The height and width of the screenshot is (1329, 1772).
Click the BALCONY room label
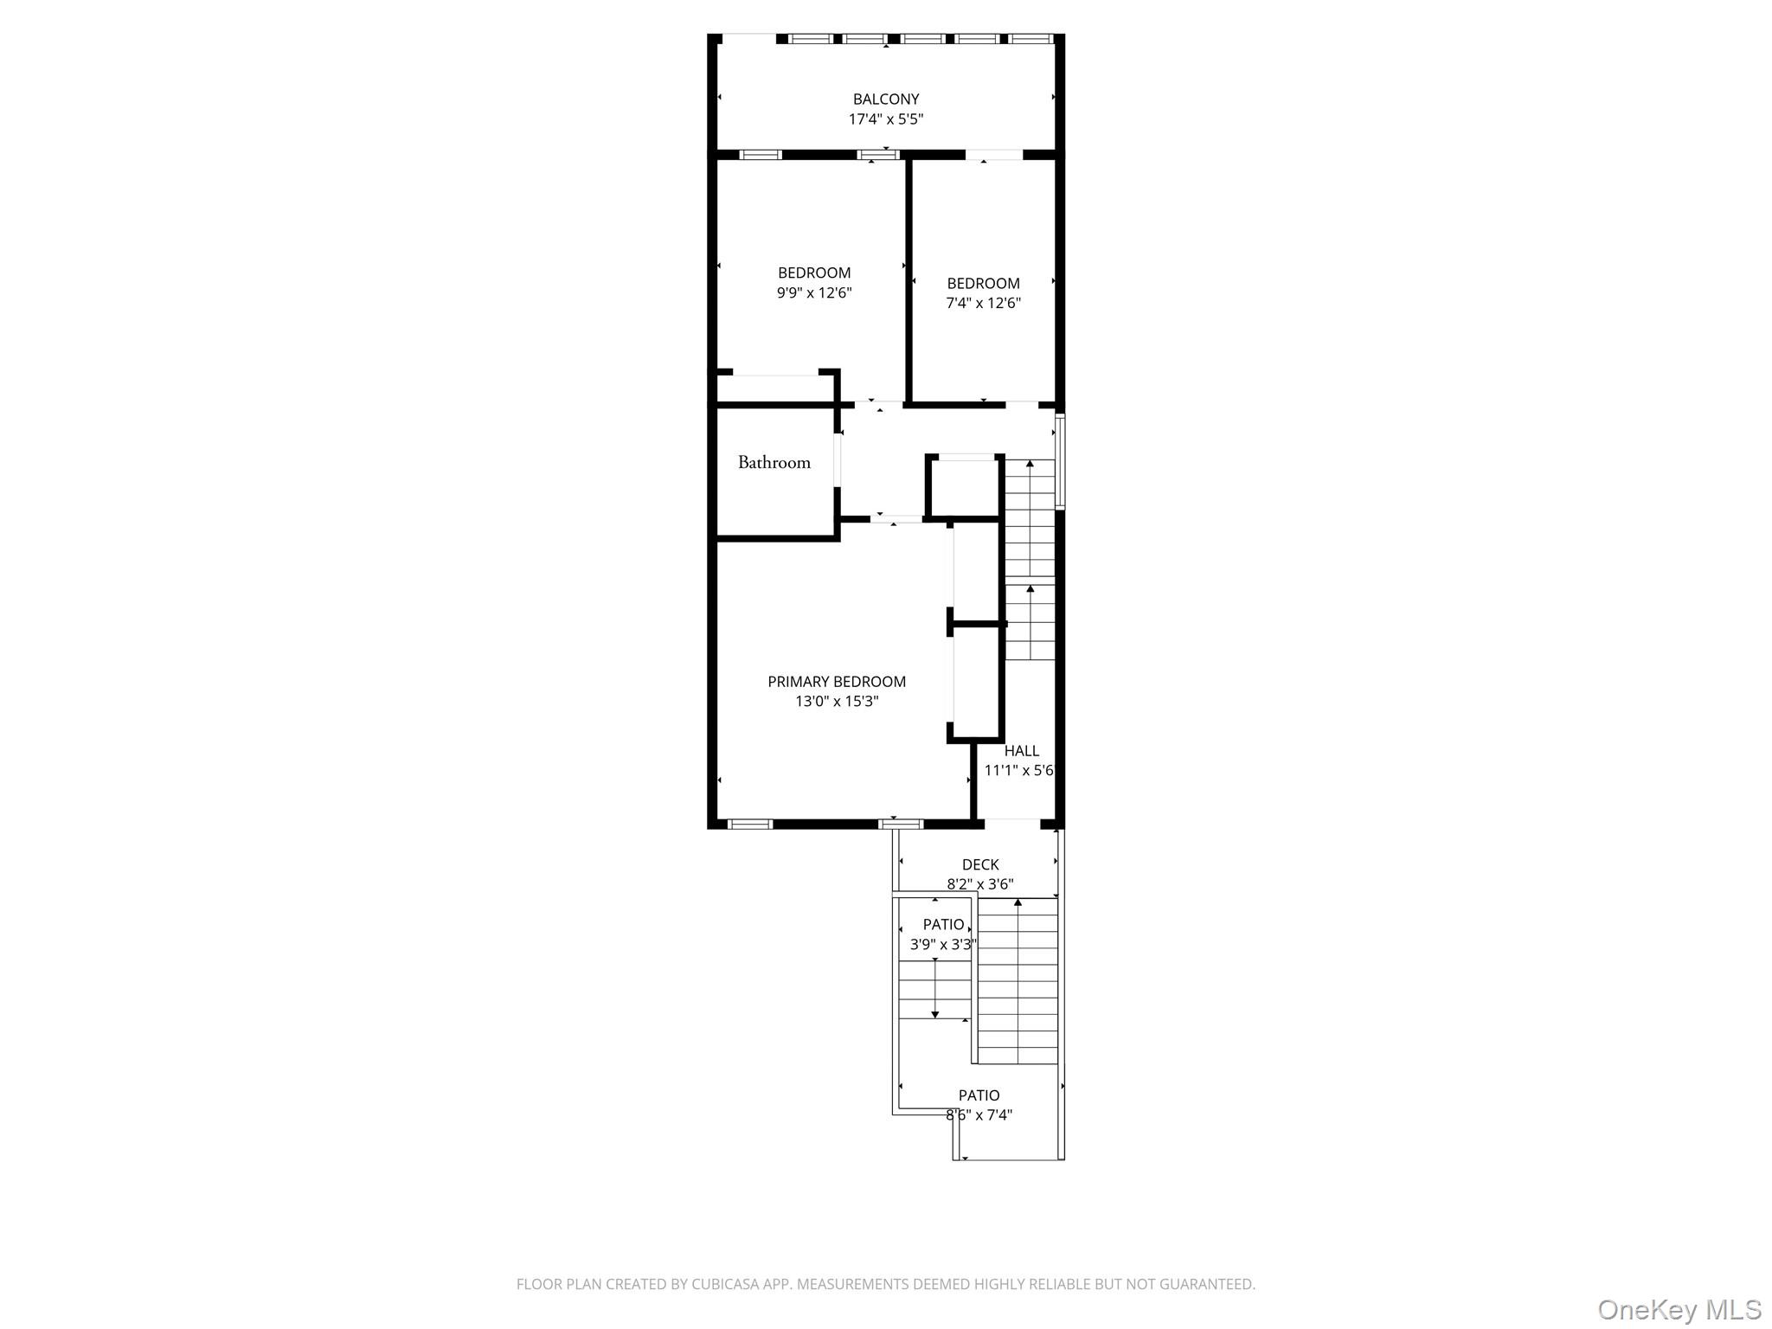[x=885, y=100]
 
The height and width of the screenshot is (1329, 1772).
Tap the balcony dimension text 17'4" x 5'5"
[x=885, y=119]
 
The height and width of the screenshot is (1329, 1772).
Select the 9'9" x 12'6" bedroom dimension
[x=813, y=292]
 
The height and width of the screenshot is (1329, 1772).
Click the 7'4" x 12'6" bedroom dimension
[x=983, y=303]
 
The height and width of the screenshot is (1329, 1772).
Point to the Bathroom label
[x=774, y=462]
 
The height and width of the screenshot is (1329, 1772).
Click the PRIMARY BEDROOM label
[x=836, y=682]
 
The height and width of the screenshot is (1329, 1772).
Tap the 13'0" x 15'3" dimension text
[x=836, y=702]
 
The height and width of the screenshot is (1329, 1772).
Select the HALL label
[x=1021, y=751]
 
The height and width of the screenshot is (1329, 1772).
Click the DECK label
[x=979, y=864]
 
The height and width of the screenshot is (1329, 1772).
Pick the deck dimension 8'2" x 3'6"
[x=979, y=884]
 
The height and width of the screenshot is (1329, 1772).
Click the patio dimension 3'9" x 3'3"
[x=942, y=945]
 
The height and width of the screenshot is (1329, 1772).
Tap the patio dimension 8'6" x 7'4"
[x=979, y=1115]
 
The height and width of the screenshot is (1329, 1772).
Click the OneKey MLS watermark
[x=1679, y=1309]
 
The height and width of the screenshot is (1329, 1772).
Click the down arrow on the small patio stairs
[x=934, y=1012]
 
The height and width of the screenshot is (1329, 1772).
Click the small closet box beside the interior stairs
[x=965, y=487]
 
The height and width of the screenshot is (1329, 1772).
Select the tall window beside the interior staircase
[x=1060, y=460]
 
